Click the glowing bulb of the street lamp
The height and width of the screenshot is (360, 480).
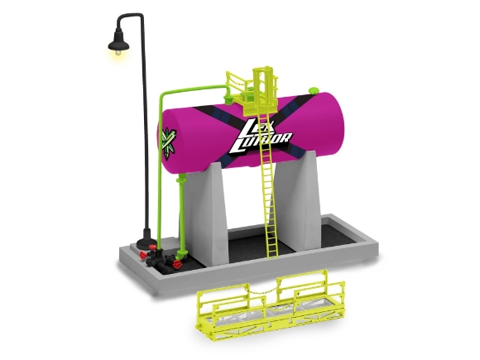(x=117, y=53)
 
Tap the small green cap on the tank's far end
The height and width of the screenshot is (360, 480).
(x=313, y=90)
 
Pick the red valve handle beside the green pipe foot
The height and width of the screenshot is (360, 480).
(x=177, y=264)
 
